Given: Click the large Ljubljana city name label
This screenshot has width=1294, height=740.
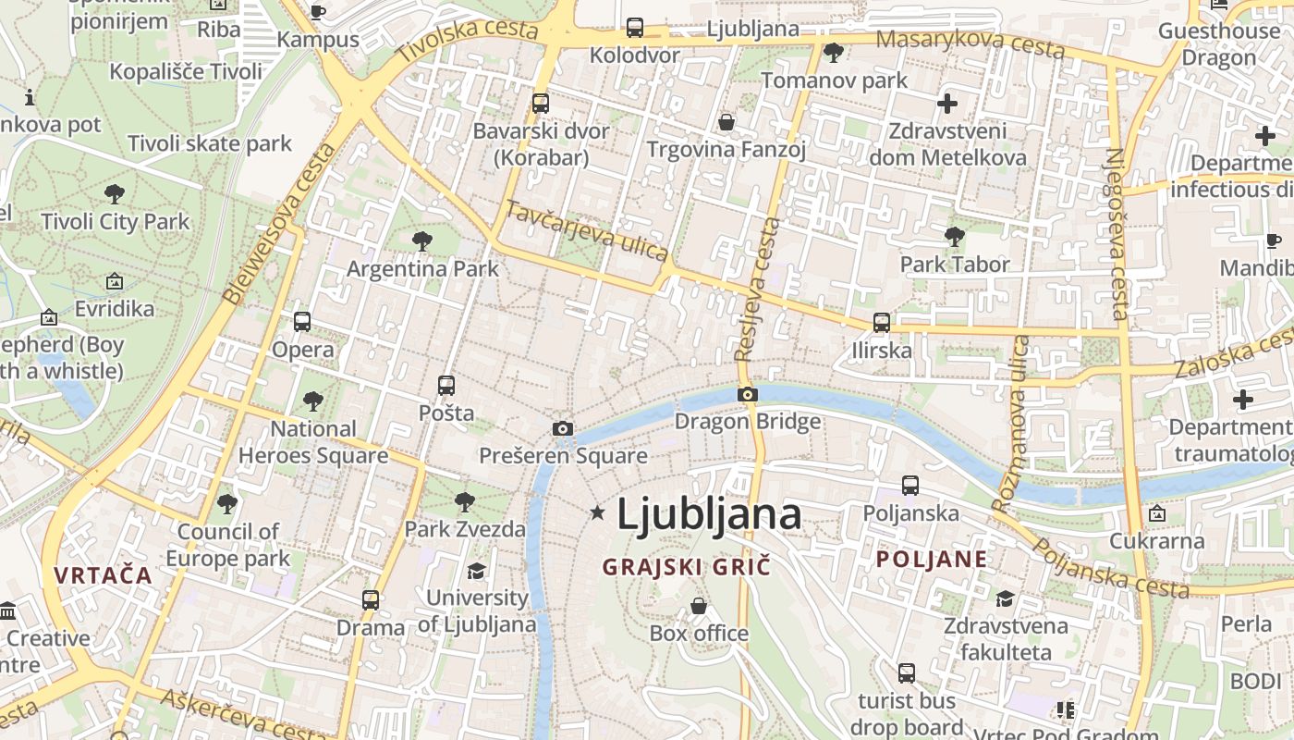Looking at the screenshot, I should click(708, 513).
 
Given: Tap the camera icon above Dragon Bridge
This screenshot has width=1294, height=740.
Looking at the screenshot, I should click(748, 395).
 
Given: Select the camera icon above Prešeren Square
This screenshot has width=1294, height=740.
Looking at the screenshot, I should click(562, 428).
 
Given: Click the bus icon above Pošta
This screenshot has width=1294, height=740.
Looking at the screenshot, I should click(446, 385).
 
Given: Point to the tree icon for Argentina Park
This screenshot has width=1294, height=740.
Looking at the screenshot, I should click(422, 241).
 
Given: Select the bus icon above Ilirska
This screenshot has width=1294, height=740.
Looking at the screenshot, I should click(882, 323).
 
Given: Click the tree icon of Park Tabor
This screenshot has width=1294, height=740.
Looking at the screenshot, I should click(955, 237).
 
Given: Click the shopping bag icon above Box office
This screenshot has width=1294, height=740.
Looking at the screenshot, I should click(699, 606).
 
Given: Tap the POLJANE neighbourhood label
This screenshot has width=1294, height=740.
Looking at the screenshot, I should click(932, 559).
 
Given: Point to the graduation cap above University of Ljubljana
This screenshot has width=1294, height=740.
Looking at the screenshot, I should click(476, 571).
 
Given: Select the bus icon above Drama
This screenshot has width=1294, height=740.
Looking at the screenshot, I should click(371, 599).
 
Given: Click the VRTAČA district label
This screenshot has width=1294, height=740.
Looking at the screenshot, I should click(103, 574).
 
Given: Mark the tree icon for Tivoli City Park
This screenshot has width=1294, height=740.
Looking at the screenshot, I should click(115, 194).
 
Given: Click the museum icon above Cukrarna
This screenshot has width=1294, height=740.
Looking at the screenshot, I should click(1156, 513).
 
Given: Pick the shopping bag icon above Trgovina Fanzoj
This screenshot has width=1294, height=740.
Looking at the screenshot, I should click(726, 122).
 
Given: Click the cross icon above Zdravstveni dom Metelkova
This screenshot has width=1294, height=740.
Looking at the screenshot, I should click(947, 104).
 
